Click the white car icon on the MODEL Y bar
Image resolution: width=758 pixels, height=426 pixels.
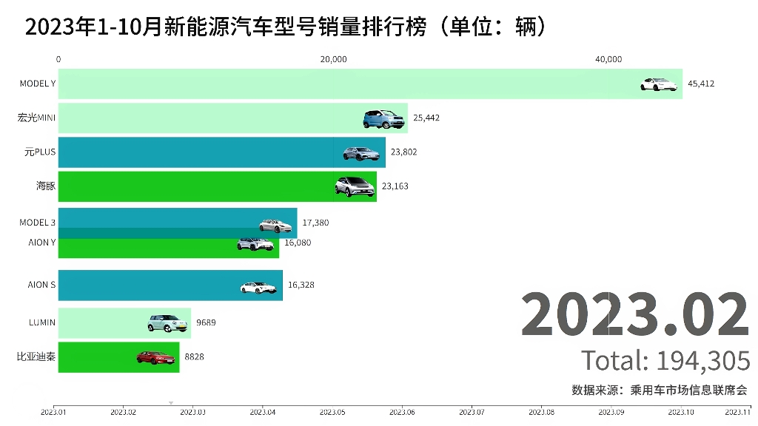click(659, 84)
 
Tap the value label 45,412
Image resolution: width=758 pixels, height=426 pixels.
click(700, 84)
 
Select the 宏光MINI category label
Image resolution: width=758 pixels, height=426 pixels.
click(36, 118)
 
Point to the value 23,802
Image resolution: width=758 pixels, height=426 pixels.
click(403, 152)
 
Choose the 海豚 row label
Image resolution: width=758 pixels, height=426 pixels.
click(46, 186)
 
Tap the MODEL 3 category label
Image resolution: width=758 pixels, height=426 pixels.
click(37, 222)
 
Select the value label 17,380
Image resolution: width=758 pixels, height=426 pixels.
click(315, 222)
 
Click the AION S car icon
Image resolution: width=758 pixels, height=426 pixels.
click(258, 286)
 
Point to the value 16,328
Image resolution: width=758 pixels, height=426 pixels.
click(301, 285)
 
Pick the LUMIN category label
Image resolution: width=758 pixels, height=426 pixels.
click(41, 322)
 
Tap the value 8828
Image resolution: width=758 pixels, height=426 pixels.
click(194, 356)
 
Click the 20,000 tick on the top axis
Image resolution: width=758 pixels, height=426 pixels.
click(333, 60)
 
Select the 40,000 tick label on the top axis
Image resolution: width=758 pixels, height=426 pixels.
click(608, 60)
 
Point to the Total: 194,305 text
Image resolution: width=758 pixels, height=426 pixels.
click(665, 361)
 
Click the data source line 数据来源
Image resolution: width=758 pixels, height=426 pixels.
click(659, 390)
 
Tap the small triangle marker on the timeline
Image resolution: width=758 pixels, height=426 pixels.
click(171, 404)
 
